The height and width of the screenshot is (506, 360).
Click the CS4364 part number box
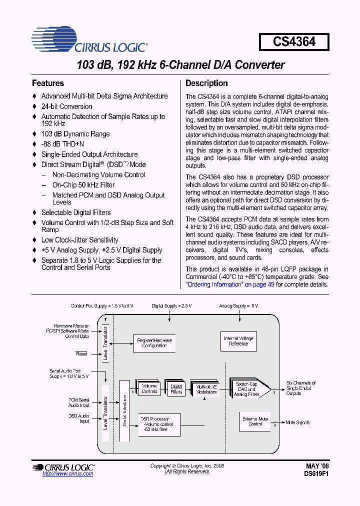click(x=294, y=42)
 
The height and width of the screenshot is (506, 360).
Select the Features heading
click(x=48, y=83)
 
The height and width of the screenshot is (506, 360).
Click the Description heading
click(x=206, y=83)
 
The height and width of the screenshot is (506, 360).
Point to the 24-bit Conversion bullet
click(x=66, y=106)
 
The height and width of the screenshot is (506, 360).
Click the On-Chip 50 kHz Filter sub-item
click(x=83, y=185)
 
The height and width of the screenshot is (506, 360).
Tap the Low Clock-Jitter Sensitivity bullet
click(x=79, y=240)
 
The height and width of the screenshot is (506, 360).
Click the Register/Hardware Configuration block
click(x=154, y=343)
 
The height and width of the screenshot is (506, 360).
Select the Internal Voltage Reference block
click(x=238, y=341)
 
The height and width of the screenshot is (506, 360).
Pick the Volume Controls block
click(x=149, y=388)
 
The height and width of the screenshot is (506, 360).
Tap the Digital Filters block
click(x=176, y=388)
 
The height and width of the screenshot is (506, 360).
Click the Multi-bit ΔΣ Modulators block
click(x=206, y=389)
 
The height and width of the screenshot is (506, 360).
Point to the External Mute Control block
click(x=255, y=421)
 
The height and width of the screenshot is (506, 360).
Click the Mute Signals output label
click(x=297, y=422)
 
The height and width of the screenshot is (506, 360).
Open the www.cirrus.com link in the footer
click(x=68, y=473)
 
